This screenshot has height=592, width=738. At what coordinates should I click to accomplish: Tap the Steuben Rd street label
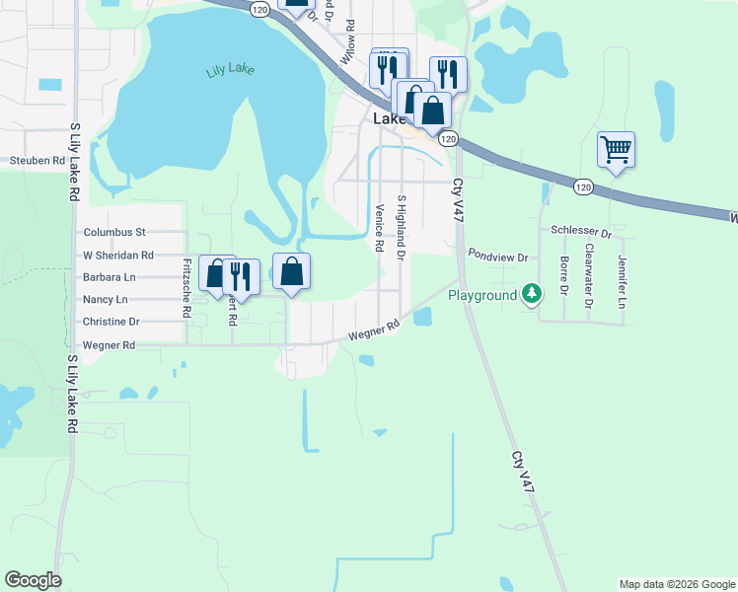37,160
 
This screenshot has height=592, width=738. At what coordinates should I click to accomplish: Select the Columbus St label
114,233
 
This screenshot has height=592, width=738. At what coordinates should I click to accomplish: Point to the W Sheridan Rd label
119,255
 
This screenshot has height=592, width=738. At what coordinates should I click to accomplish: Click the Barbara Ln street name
110,277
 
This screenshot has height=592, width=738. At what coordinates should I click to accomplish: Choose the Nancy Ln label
106,299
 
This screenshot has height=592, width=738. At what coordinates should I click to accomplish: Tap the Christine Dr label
111,322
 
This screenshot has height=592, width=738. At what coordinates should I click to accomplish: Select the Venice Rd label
380,228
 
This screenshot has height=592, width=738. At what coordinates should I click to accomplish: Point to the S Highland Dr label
402,228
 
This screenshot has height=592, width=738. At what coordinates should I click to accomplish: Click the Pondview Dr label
498,256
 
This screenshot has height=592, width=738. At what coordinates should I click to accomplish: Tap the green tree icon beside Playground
532,293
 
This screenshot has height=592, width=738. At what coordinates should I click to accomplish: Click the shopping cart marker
616,151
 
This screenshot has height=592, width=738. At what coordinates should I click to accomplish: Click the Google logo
33,580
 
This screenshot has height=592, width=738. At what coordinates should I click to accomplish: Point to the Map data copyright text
676,584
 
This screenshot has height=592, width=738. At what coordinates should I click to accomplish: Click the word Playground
482,295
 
